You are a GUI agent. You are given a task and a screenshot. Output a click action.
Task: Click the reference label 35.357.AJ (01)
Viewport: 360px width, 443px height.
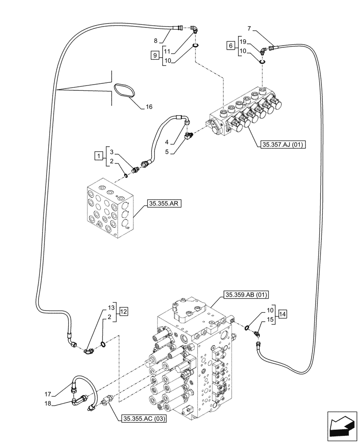pos(281,144)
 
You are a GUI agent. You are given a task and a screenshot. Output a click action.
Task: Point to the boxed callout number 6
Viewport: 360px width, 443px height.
pos(230,45)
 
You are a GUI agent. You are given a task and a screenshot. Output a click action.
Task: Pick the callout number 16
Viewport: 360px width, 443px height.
pos(149,107)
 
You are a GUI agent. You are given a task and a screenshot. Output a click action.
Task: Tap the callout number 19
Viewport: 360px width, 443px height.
pos(243,41)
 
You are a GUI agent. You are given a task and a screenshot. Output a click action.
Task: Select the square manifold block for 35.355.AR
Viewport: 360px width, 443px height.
pos(107,208)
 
